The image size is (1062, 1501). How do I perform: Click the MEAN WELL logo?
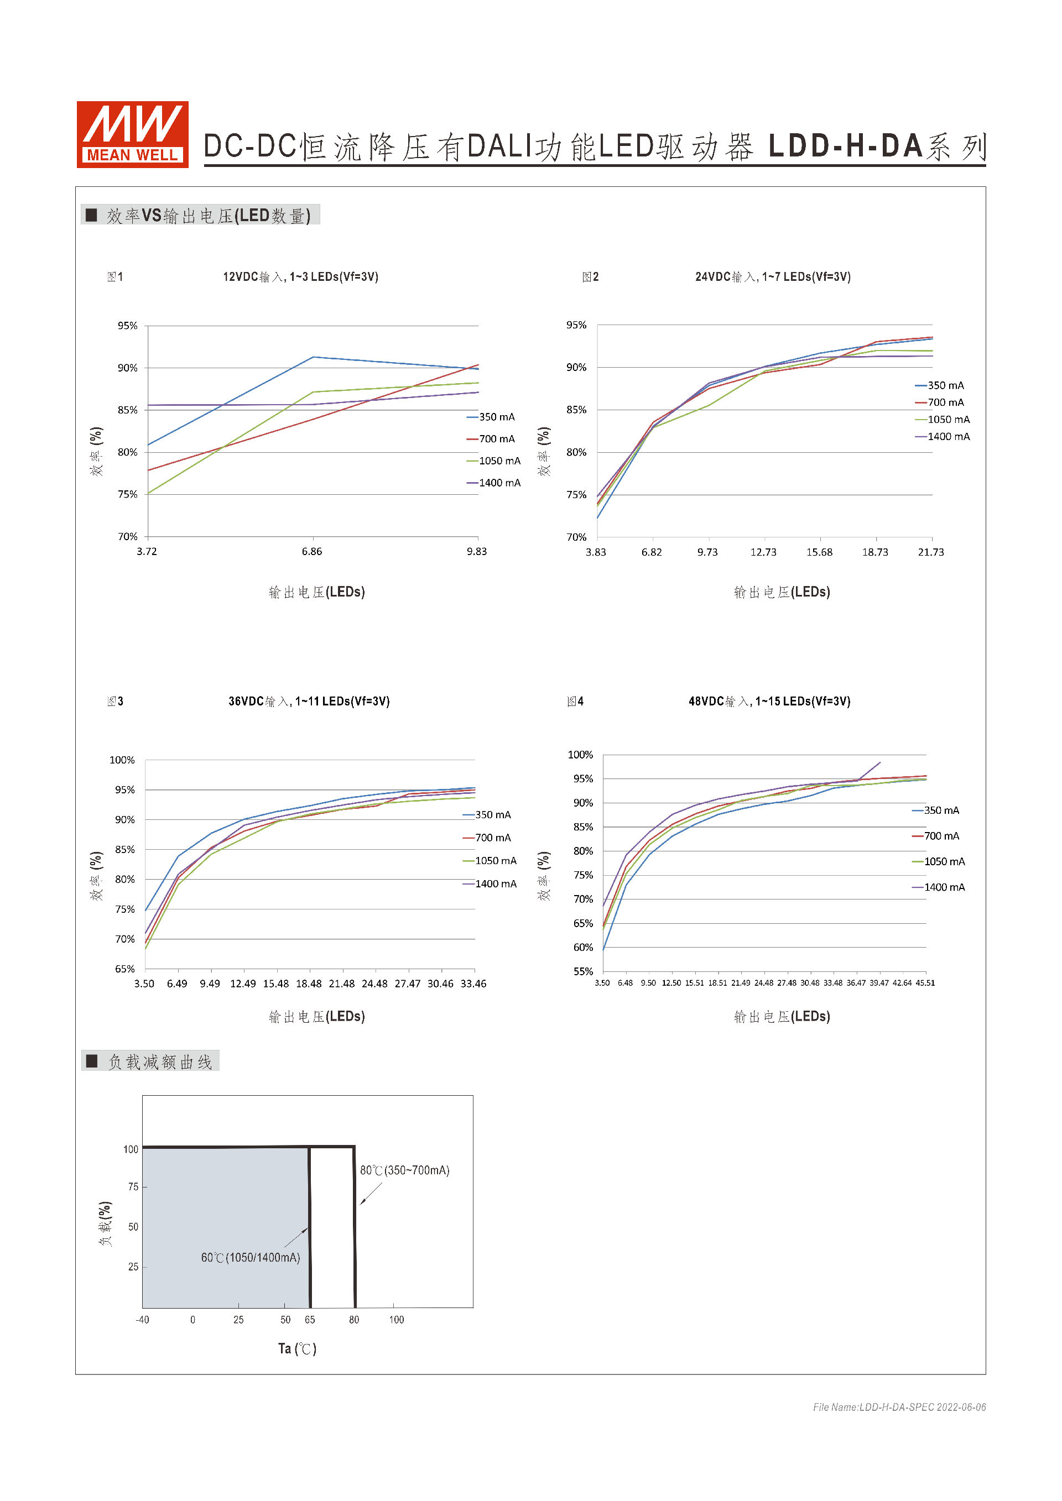pyautogui.click(x=133, y=135)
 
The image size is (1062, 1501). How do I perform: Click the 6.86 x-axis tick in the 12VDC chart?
pyautogui.click(x=312, y=552)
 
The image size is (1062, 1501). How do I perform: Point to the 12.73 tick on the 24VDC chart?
pyautogui.click(x=763, y=552)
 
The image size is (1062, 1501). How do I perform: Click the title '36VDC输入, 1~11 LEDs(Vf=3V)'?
pyautogui.click(x=309, y=702)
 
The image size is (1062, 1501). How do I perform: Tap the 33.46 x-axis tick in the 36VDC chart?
pyautogui.click(x=473, y=984)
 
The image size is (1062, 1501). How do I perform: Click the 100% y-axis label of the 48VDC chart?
pyautogui.click(x=580, y=755)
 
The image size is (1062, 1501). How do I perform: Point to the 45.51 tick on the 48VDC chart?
pyautogui.click(x=925, y=983)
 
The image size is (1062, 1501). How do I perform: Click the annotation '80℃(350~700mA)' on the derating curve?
pyautogui.click(x=405, y=1170)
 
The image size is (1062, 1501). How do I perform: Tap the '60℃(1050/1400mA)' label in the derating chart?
pyautogui.click(x=251, y=1258)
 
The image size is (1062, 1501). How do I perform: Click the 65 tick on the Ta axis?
pyautogui.click(x=310, y=1320)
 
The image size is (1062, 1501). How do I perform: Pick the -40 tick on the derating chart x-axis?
pyautogui.click(x=142, y=1320)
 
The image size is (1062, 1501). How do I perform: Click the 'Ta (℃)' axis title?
pyautogui.click(x=297, y=1348)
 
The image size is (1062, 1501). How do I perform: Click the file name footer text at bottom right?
pyautogui.click(x=899, y=1408)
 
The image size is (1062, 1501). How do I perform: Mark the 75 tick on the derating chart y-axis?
pyautogui.click(x=133, y=1187)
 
